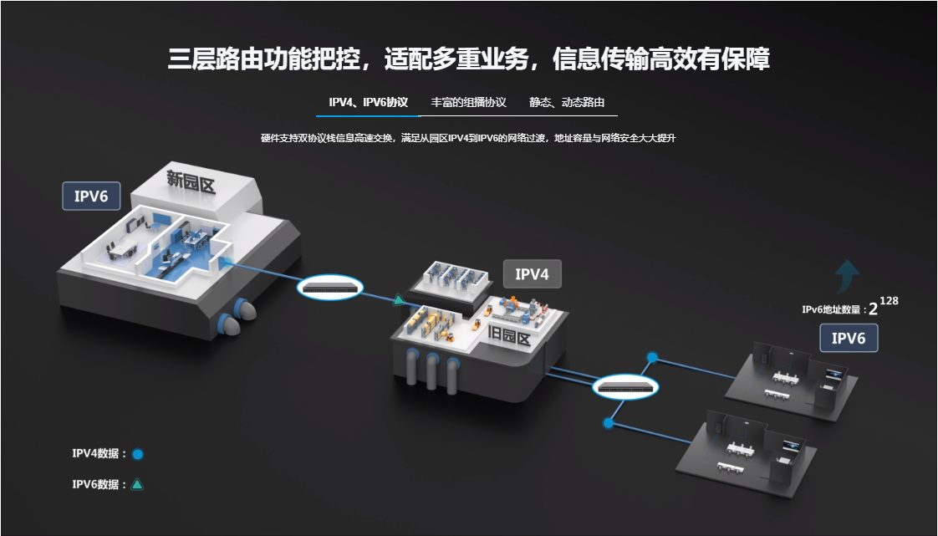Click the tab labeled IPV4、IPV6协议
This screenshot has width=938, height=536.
click(368, 103)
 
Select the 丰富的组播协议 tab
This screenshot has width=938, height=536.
click(468, 103)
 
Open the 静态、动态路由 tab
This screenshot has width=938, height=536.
click(567, 103)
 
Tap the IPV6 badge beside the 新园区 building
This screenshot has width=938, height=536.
click(91, 197)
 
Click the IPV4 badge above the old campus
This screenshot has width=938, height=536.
click(531, 273)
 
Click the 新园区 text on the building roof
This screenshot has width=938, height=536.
click(191, 181)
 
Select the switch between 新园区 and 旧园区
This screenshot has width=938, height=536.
click(331, 288)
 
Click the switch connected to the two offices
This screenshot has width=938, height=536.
click(626, 387)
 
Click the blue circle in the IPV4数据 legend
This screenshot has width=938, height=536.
click(138, 454)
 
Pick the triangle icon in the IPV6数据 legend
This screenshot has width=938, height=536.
click(137, 484)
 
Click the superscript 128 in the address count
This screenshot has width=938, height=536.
click(889, 301)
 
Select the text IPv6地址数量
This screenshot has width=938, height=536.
click(831, 310)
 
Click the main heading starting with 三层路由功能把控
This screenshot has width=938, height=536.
click(468, 59)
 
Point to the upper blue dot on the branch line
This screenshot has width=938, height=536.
click(652, 357)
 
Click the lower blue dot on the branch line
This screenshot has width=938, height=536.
click(609, 423)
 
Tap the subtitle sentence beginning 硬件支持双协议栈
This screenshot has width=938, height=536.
click(468, 138)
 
